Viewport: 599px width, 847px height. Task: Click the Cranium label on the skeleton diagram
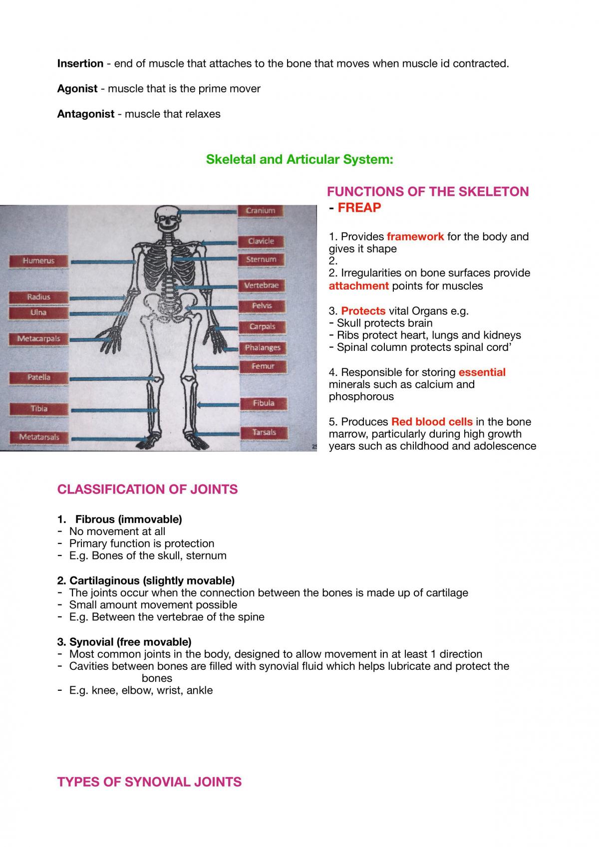click(261, 211)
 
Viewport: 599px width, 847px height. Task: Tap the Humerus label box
click(38, 261)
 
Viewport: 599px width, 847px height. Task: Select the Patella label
click(38, 378)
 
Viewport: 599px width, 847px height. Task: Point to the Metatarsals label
click(39, 437)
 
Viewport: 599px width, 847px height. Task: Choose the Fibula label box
click(264, 403)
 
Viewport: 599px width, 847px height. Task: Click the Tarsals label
click(264, 433)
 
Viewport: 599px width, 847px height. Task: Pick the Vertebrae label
click(261, 285)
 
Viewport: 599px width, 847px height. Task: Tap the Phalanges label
click(263, 348)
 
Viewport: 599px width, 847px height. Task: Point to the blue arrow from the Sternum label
click(205, 260)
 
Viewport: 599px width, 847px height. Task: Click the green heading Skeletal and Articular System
click(299, 159)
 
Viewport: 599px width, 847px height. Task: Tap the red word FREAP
click(359, 208)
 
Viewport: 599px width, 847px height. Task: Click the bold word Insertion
click(80, 63)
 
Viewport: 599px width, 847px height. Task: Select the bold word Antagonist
click(86, 114)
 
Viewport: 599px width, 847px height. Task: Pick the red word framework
click(415, 237)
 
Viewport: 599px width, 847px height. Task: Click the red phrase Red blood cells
click(432, 422)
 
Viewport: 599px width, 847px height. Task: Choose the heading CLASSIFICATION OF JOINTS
click(147, 489)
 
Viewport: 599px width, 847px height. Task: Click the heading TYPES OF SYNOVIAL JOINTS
click(149, 782)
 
